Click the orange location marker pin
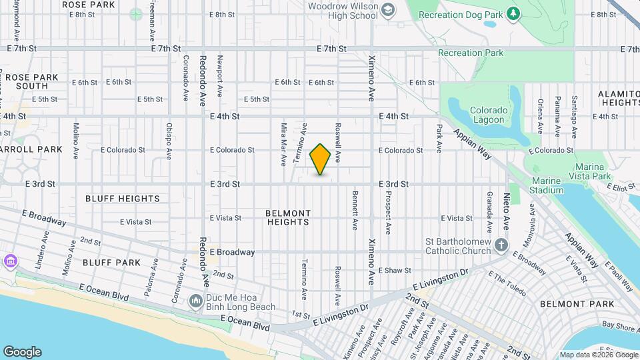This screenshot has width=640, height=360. [x=321, y=160]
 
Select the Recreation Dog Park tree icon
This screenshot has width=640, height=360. [x=513, y=13]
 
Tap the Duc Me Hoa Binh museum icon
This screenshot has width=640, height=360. [x=195, y=302]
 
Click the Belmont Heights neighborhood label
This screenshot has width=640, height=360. [x=288, y=218]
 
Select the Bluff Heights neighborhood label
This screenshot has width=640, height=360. [x=123, y=199]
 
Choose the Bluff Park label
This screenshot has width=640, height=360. [x=112, y=263]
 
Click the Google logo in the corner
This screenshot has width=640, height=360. [x=22, y=352]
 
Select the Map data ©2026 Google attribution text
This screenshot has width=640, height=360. [x=598, y=355]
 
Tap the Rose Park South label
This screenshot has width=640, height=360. [x=31, y=82]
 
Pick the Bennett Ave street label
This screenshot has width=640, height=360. [x=355, y=209]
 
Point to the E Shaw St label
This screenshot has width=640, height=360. [x=395, y=271]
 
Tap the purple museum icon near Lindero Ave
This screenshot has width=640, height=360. [x=10, y=259]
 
